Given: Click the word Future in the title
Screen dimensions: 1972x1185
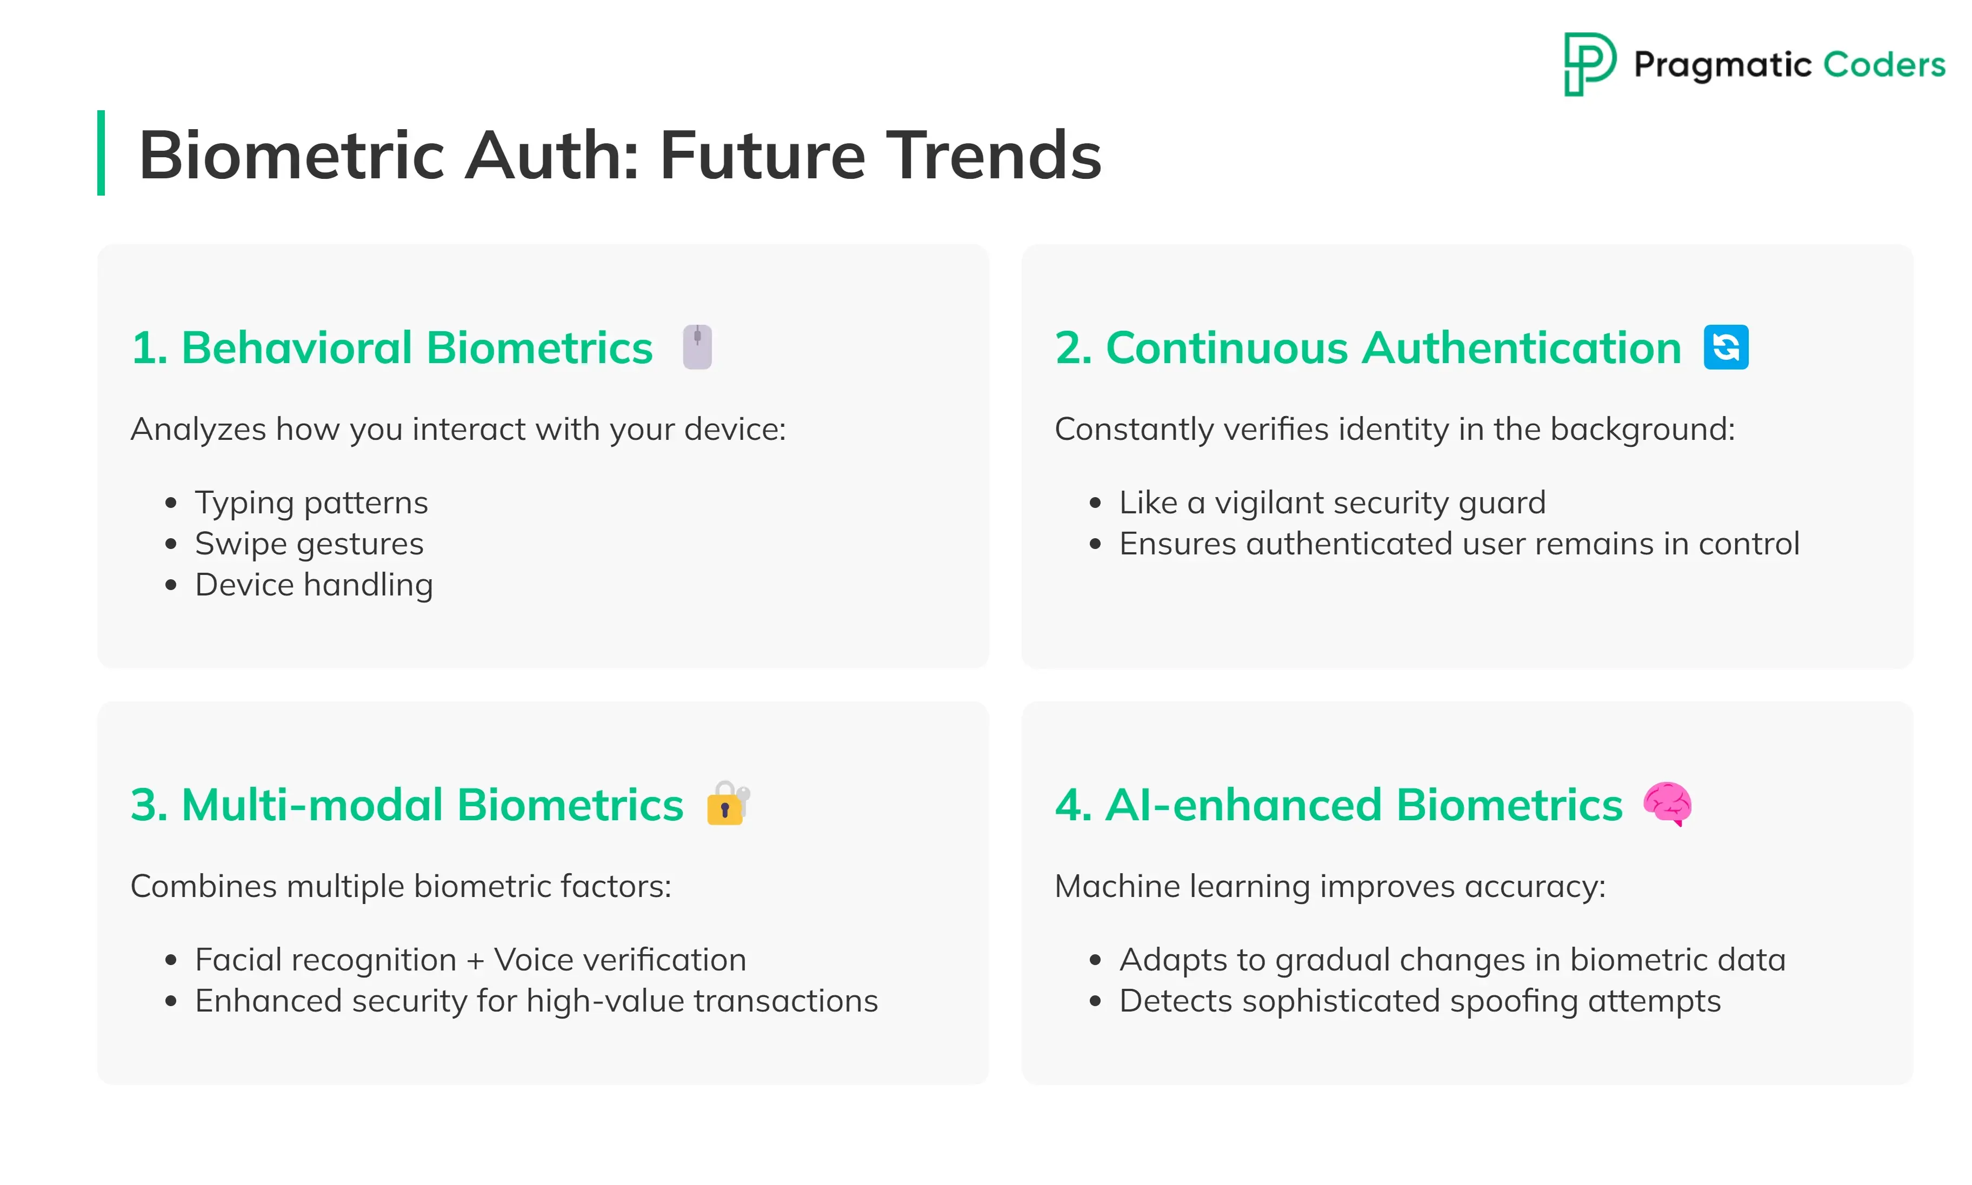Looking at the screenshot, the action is [x=762, y=155].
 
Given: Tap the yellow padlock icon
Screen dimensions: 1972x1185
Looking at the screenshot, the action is [x=728, y=804].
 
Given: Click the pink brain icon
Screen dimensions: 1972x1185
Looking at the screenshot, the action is [x=1667, y=804].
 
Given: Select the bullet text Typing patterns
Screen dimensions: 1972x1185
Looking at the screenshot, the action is [x=311, y=503].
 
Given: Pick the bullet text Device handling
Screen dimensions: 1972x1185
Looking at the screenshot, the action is [x=314, y=585].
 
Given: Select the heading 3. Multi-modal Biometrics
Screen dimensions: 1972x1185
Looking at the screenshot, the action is [x=408, y=804].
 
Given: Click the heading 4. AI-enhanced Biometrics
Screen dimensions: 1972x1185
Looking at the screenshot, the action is [x=1338, y=804].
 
